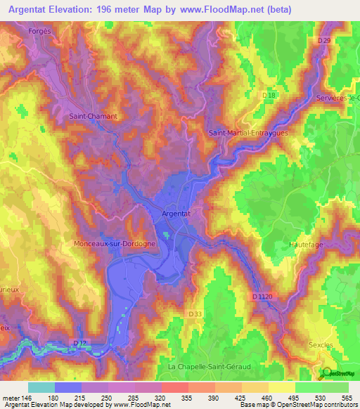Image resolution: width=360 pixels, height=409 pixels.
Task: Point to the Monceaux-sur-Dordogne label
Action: [x=115, y=243]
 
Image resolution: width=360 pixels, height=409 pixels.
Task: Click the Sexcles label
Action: [x=321, y=345]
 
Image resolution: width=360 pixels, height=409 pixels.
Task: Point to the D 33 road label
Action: [x=196, y=313]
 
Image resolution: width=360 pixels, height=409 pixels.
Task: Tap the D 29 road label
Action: [x=323, y=41]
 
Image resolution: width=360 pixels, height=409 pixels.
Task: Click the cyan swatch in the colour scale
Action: [x=41, y=387]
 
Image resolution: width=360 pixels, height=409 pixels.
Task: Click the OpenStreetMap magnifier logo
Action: [x=326, y=374]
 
